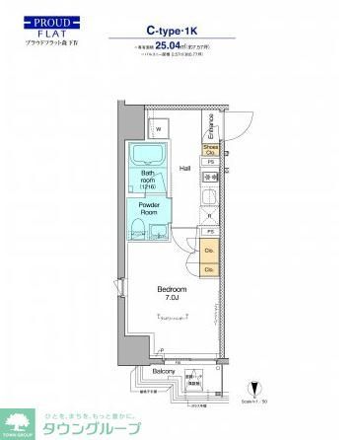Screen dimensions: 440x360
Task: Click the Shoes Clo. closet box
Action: coord(209,150)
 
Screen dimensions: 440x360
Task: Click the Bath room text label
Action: coord(147,182)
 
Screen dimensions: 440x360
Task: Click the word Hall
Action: coord(185,169)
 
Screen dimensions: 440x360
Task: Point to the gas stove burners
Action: coord(209,179)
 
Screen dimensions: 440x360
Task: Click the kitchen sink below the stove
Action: coord(209,198)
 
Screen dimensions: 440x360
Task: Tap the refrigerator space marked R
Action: coord(209,216)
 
